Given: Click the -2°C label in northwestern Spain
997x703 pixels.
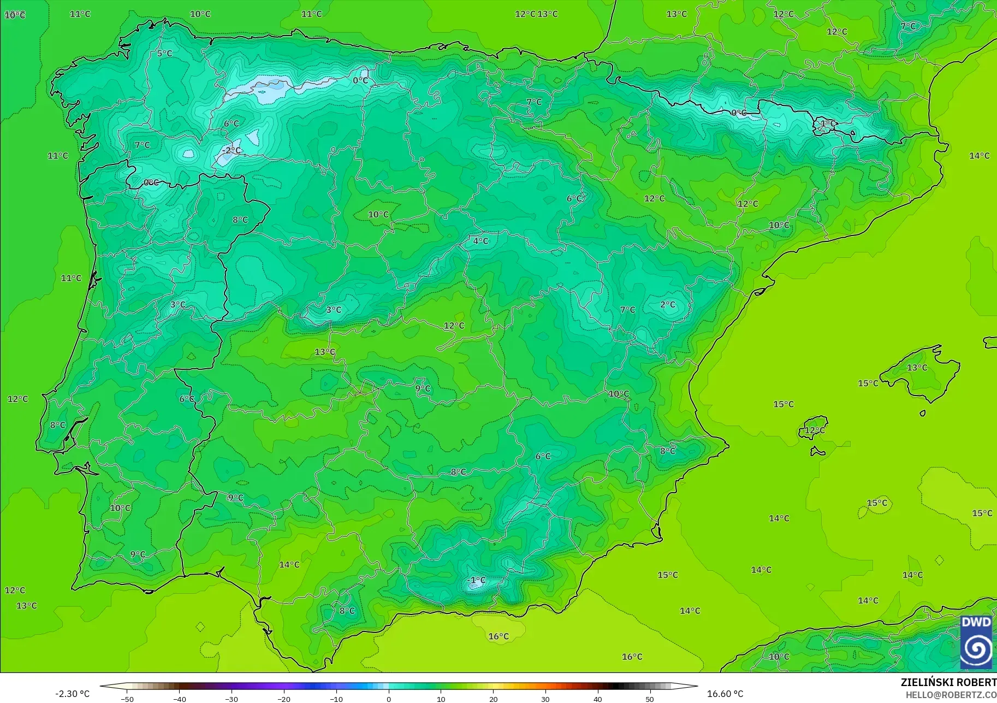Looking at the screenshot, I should (232, 150).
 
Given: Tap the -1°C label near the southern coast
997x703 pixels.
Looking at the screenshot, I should (477, 580).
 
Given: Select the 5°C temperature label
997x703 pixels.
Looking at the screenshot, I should (164, 54).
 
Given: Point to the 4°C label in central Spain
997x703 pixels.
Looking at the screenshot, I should (480, 241).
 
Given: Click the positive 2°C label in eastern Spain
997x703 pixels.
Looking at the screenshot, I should (668, 305).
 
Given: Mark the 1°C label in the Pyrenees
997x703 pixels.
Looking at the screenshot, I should (828, 123).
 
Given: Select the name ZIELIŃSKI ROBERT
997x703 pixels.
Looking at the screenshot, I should (948, 683).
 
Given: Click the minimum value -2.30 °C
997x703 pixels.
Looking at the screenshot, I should (72, 694).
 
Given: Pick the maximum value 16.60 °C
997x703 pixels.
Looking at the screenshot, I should (725, 694).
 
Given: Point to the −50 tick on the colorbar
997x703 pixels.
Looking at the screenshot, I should (127, 699).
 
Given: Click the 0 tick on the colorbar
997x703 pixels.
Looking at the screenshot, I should (388, 699).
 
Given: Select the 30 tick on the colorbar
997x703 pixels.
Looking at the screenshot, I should (545, 699).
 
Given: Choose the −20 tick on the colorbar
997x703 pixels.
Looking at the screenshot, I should (283, 699).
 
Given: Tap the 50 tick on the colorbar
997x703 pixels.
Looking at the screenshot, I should (649, 699).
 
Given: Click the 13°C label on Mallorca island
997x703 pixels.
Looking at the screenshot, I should (917, 368).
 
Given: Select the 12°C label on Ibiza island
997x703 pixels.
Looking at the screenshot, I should (815, 430).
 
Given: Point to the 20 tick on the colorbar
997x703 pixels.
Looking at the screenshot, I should (493, 699).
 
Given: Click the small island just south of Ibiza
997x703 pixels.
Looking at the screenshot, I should (817, 452).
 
